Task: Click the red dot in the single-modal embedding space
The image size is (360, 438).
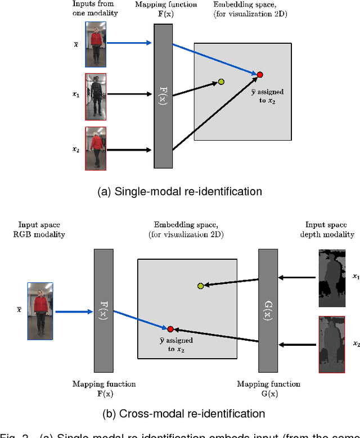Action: (x=260, y=74)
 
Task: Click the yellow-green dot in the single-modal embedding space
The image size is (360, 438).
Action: (x=221, y=82)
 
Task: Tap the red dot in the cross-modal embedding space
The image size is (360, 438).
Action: (x=170, y=328)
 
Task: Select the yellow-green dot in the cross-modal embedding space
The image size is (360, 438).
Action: (x=200, y=286)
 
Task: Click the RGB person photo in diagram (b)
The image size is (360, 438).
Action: (x=40, y=311)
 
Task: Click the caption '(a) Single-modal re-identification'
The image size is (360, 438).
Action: (x=179, y=192)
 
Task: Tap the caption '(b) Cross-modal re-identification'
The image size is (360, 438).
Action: (x=179, y=414)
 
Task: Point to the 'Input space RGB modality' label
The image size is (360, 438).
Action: (x=43, y=229)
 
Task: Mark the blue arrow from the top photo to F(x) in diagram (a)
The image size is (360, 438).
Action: (x=129, y=43)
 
